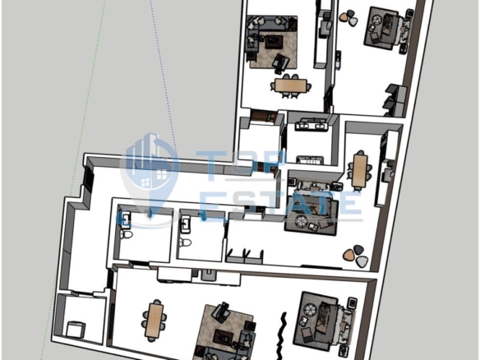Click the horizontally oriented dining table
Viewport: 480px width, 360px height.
pos(290,85)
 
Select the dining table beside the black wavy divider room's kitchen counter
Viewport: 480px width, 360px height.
pos(156,320)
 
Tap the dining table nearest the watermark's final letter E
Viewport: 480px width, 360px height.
pos(360,170)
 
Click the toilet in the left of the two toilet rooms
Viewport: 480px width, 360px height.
pos(126,235)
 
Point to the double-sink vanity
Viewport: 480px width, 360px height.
pos(312,125)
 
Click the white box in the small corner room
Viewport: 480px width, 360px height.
pos(75,329)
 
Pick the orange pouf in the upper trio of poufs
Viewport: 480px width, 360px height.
pos(344,16)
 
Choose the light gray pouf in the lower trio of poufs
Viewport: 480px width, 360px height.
pos(362,261)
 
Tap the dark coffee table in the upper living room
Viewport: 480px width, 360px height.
pos(274,41)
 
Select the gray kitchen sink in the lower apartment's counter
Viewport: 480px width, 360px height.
pos(208,275)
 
